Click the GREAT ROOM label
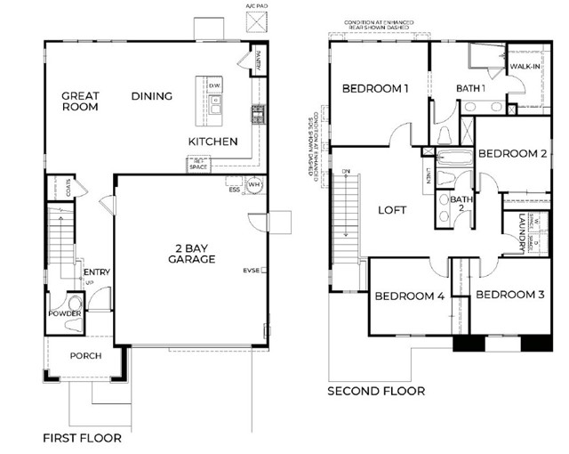pos(80,101)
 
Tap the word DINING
pos(152,95)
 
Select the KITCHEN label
pos(212,142)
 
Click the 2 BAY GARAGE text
pos(192,253)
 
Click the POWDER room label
pos(66,314)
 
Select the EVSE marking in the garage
pos(252,271)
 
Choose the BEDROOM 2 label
pos(512,153)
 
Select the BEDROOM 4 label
pos(409,296)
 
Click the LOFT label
pos(391,210)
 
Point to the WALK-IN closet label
pos(524,67)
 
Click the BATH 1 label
pos(470,87)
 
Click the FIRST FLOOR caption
pos(83,438)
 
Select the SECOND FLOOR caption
pos(376,391)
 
